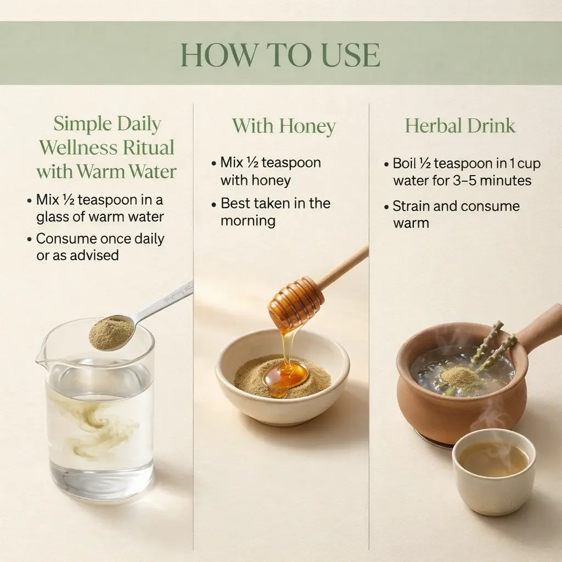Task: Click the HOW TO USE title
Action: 280,55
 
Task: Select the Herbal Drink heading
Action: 460,126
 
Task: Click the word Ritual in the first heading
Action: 148,147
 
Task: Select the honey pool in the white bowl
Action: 285,378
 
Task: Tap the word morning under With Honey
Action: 248,221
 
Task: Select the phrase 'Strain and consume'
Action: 456,206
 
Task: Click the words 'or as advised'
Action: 77,255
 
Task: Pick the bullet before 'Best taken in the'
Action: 214,205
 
